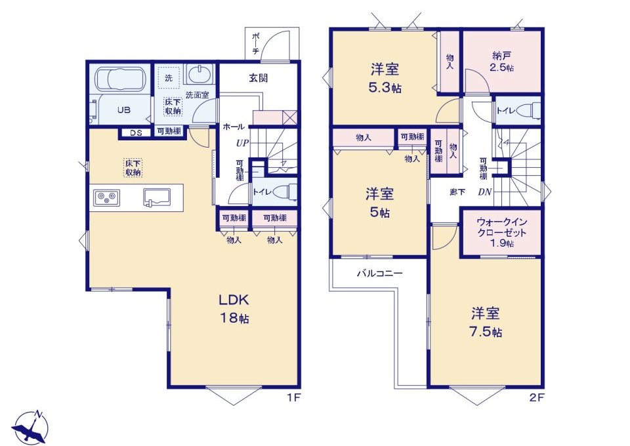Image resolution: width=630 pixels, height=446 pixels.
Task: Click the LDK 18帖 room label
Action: (x=234, y=309)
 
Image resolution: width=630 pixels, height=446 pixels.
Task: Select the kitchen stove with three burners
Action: (x=106, y=197)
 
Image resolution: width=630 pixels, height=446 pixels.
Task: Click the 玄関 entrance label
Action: (x=259, y=78)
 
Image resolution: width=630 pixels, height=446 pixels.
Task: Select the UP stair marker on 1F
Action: (x=242, y=143)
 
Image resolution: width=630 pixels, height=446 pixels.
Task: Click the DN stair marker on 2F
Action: (x=484, y=192)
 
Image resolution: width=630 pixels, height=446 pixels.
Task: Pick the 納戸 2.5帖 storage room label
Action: (x=502, y=62)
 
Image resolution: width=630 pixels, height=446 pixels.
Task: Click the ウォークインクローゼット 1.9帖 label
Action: (x=501, y=232)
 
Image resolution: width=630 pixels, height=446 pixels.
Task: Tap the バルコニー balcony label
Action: (x=380, y=274)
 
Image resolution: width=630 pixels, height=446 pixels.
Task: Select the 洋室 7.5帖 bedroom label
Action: (x=486, y=322)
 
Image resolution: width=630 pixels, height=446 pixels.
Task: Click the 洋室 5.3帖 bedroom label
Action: (x=385, y=78)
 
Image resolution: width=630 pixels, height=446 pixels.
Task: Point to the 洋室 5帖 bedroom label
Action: (x=379, y=203)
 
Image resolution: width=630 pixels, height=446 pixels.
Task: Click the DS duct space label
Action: (x=136, y=133)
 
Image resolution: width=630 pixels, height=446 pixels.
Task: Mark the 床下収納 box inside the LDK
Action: (x=133, y=168)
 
